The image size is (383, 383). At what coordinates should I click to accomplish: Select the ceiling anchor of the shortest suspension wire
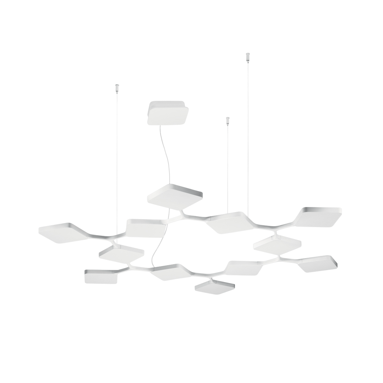click(227, 119)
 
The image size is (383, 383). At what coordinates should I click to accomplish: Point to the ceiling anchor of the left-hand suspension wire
click(116, 86)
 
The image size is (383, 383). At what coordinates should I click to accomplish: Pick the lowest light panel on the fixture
click(214, 286)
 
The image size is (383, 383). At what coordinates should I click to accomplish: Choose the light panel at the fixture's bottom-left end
click(101, 276)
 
